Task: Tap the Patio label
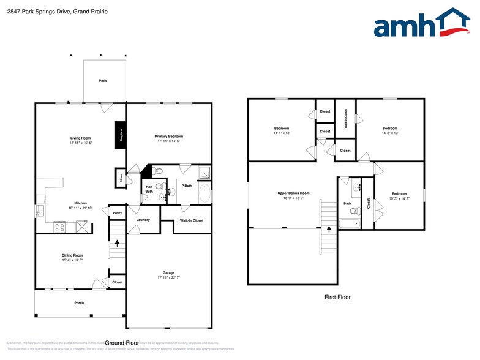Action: (103, 80)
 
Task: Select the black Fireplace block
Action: (121, 135)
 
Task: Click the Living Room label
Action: (81, 138)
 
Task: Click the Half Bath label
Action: (149, 189)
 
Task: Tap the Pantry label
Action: (117, 213)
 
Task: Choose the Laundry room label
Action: (143, 220)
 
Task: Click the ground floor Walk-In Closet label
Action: (191, 220)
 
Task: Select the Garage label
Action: (168, 272)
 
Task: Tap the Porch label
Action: (79, 303)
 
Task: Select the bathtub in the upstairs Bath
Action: (348, 223)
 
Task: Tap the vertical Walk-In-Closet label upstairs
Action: (345, 116)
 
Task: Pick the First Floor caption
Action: (337, 298)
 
